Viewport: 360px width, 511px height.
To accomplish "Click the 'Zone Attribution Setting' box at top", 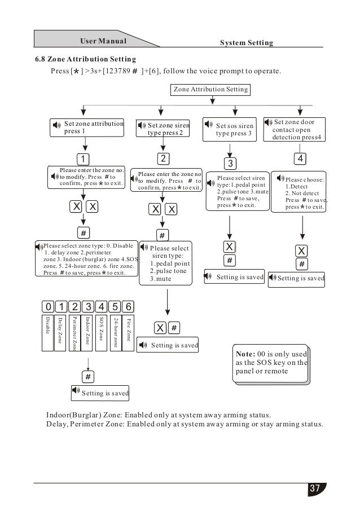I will [209, 89].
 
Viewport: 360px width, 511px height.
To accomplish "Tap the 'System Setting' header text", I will [246, 43].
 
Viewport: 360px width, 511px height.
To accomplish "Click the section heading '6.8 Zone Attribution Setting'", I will [85, 59].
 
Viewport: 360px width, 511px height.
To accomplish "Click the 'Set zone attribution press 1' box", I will [87, 127].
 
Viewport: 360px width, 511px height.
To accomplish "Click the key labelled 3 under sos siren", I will [229, 164].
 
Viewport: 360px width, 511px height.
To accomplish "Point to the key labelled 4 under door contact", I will [302, 158].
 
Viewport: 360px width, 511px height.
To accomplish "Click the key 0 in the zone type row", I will [47, 306].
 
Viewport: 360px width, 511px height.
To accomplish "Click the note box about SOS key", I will [270, 362].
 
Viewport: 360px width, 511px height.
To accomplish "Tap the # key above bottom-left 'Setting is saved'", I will [87, 376].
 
